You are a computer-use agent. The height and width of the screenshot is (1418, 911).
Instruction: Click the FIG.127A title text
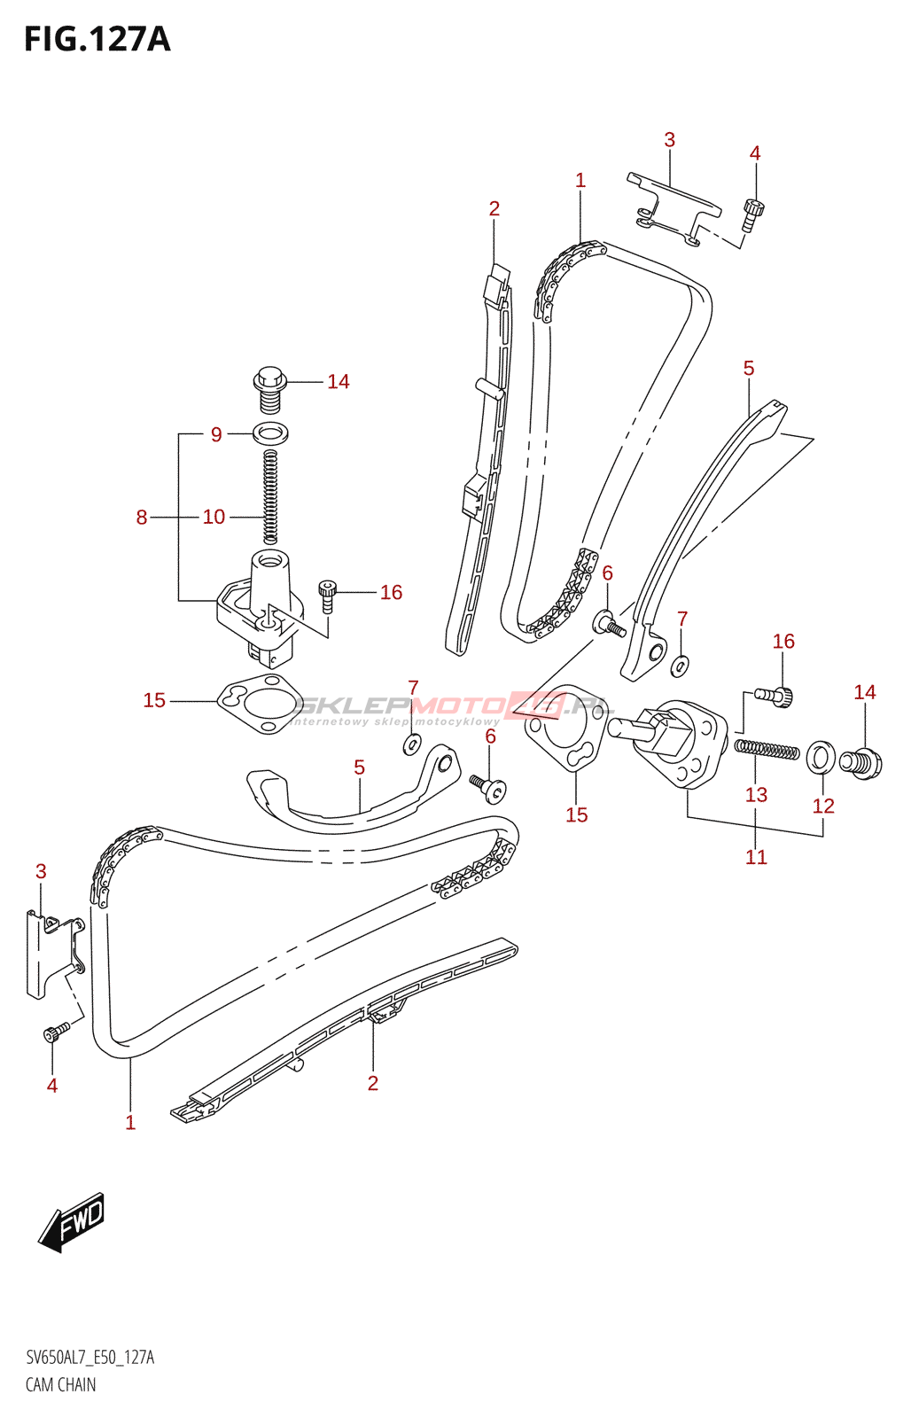pos(97,39)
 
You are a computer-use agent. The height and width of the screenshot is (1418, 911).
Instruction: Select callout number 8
pos(142,518)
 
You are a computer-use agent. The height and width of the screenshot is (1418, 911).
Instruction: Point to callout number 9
pos(216,434)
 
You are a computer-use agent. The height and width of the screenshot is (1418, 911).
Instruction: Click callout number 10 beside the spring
pos(214,518)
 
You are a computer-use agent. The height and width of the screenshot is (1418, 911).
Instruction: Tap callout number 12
pos(823,806)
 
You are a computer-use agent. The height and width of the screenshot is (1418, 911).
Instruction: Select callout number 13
pos(757,794)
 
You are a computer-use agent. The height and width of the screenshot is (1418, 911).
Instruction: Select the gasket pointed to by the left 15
pos(256,705)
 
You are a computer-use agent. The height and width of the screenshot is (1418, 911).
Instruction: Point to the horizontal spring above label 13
pos(767,750)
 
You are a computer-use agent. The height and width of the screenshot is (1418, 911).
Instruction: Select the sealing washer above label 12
pos(821,757)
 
